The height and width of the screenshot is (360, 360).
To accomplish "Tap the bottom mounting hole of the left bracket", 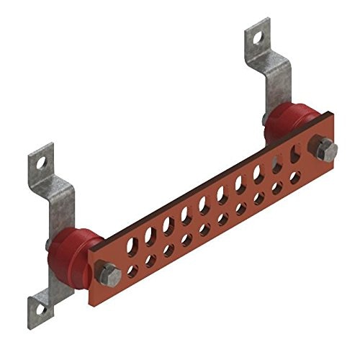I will [41, 308].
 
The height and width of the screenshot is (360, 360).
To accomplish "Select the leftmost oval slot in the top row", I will [131, 245].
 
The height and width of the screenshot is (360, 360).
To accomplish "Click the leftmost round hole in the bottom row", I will [132, 271].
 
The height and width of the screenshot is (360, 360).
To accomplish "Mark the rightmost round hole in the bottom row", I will [294, 177].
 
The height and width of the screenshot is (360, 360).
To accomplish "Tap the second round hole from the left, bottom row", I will [150, 261].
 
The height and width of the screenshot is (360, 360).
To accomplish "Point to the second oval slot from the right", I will [276, 163].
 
